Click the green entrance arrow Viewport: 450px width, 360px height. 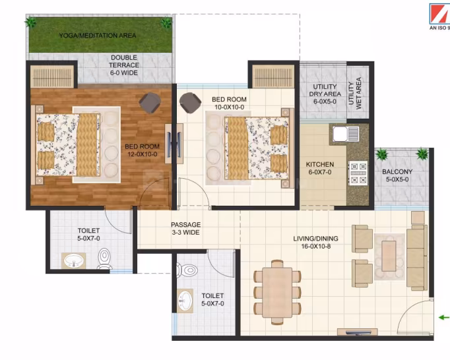(x=444, y=317)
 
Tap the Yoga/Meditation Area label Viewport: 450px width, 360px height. (x=98, y=36)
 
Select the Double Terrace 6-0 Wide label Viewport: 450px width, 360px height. (x=124, y=65)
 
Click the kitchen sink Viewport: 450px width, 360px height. (x=346, y=134)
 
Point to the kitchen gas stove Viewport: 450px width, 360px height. (x=358, y=173)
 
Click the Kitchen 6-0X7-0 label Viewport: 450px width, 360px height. (x=320, y=168)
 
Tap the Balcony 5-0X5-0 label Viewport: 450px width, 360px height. (x=397, y=175)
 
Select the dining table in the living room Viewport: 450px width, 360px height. (x=277, y=292)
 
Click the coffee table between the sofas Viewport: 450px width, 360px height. (x=389, y=256)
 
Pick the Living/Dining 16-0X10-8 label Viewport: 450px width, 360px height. (x=315, y=242)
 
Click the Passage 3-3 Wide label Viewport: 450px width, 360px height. (x=185, y=228)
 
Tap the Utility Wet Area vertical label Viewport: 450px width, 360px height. (x=355, y=93)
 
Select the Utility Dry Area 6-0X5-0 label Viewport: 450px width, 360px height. (x=325, y=94)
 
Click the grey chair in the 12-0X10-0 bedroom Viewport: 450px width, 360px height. (x=150, y=103)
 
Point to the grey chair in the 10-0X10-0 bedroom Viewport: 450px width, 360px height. (x=190, y=103)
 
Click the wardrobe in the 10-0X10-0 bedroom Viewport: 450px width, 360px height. (x=273, y=76)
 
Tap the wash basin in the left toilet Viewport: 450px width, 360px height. (x=74, y=261)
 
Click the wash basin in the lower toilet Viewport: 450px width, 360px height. (x=185, y=301)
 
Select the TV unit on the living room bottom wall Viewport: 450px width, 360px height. (x=358, y=332)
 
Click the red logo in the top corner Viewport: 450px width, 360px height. (x=439, y=14)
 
